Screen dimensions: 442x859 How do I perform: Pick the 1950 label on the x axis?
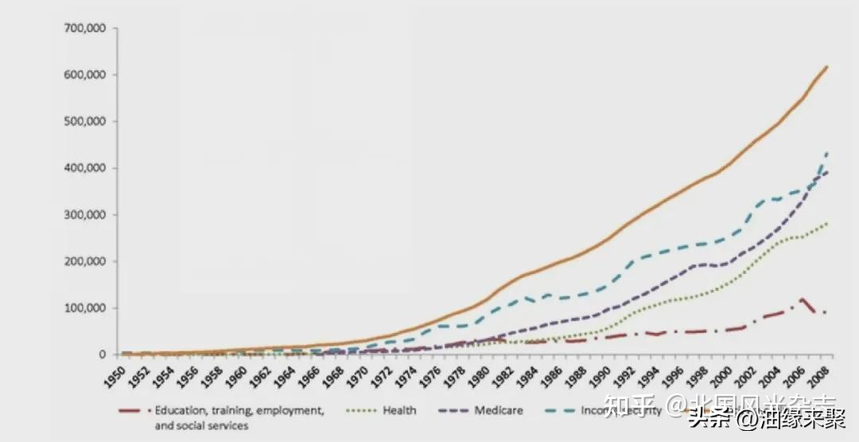point(114,377)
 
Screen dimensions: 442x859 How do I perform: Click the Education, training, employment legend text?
point(239,411)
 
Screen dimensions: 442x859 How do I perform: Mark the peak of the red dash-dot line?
point(803,299)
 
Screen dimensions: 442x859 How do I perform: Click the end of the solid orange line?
point(827,66)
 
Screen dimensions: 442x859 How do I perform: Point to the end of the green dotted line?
point(827,224)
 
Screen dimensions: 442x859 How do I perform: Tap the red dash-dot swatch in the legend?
point(134,411)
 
